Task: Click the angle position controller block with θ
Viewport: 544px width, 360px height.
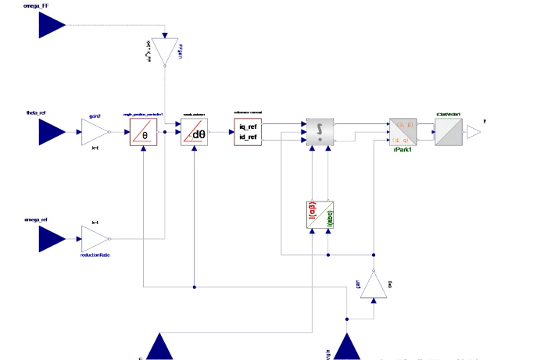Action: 145,132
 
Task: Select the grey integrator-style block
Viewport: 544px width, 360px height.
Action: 320,132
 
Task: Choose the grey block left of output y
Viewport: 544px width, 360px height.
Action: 449,132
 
